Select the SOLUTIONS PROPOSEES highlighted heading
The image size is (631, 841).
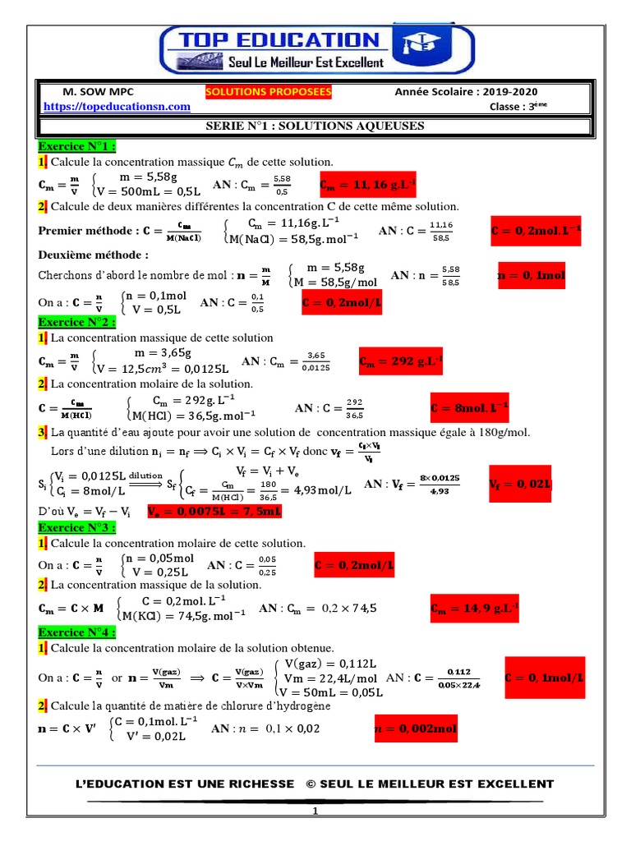pos(269,92)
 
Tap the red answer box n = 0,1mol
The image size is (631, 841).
pos(532,276)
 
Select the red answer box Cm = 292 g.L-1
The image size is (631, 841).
pos(401,361)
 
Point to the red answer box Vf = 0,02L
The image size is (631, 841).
pos(519,484)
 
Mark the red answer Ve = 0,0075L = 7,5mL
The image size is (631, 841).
pos(214,511)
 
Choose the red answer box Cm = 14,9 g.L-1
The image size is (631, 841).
pos(474,609)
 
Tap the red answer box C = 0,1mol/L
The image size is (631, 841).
pos(544,678)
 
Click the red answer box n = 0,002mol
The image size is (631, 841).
pos(416,728)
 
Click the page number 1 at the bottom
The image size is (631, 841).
pos(314,811)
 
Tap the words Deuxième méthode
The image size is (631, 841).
pos(93,255)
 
